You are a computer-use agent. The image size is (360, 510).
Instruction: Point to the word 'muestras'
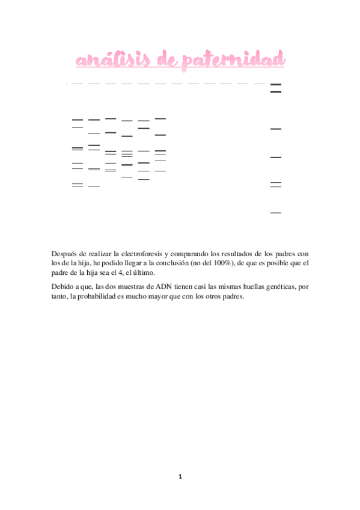coord(135,287)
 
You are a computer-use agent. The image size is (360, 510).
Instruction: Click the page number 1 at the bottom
coord(180,477)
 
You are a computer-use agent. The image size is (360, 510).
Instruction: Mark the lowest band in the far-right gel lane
coord(276,213)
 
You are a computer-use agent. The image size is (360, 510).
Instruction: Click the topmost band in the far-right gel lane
coord(276,85)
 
